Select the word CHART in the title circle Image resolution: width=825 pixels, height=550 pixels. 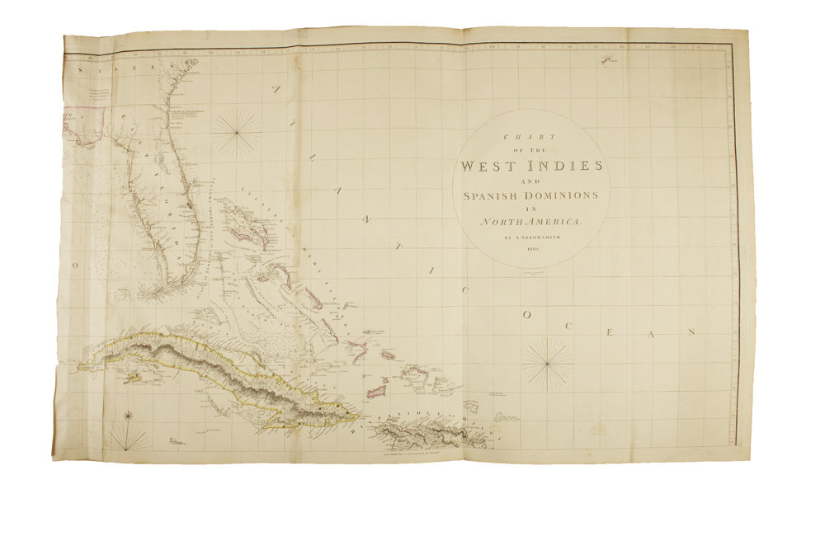(531, 138)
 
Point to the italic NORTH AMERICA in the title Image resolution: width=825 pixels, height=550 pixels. (532, 223)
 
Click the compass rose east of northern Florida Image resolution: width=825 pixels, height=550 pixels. (237, 131)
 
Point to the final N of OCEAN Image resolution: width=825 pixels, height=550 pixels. (693, 332)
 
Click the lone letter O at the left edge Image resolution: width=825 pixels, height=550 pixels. (74, 266)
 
